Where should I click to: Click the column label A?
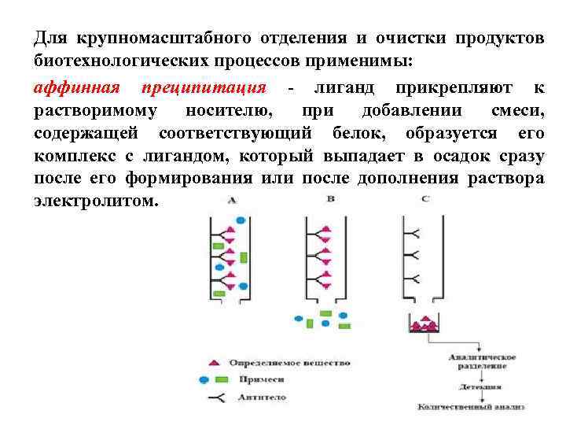click(x=232, y=201)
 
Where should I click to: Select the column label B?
click(x=330, y=199)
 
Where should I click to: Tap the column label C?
click(x=424, y=199)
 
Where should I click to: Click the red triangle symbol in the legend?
click(x=211, y=363)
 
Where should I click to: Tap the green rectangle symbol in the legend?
click(x=221, y=379)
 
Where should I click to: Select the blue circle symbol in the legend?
click(x=203, y=379)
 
